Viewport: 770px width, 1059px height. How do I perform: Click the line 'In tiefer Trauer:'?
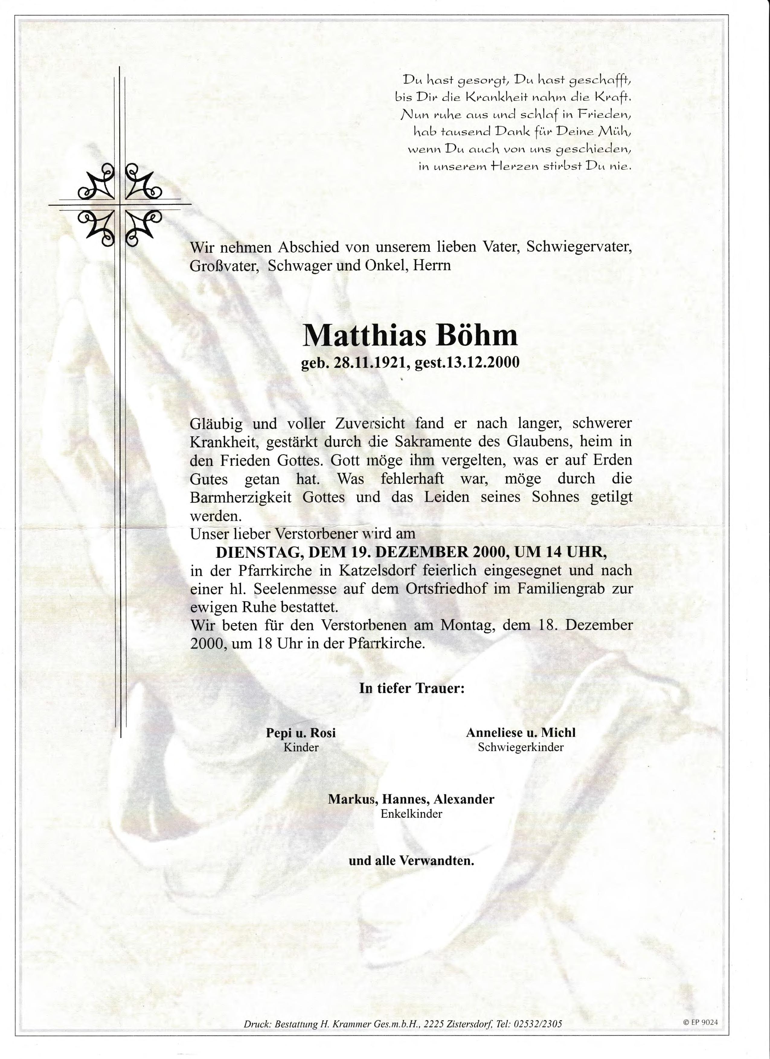[x=411, y=688]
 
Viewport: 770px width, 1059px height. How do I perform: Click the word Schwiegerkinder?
[x=521, y=747]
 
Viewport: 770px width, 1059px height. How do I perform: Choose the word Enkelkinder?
[x=411, y=814]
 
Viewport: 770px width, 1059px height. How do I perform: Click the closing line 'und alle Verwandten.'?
[x=411, y=861]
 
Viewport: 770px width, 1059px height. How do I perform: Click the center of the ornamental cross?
[x=120, y=204]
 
